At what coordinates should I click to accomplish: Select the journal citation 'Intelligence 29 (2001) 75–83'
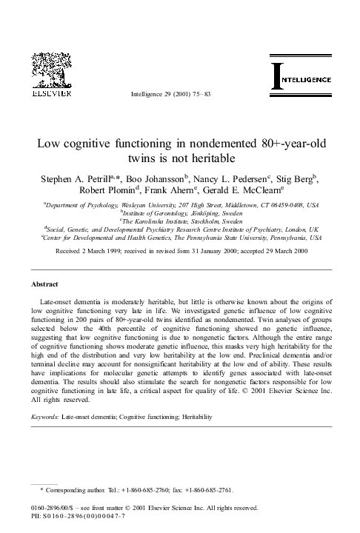click(171, 95)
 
